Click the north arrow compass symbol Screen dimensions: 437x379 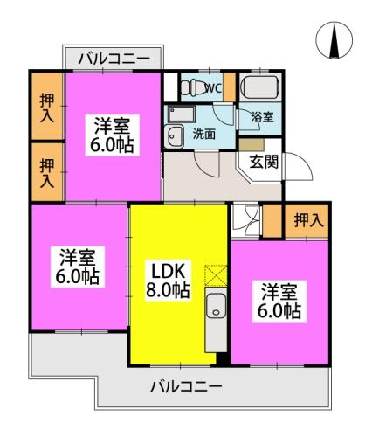pyautogui.click(x=334, y=39)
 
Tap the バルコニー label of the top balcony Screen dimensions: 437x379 pyautogui.click(x=113, y=59)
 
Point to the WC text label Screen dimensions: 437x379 pyautogui.click(x=212, y=87)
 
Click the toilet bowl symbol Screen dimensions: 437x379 pyautogui.click(x=190, y=87)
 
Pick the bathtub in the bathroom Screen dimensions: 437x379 pyautogui.click(x=259, y=88)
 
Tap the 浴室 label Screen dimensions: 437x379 pyautogui.click(x=262, y=115)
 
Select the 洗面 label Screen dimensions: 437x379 pyautogui.click(x=204, y=134)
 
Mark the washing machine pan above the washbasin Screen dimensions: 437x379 pyautogui.click(x=181, y=114)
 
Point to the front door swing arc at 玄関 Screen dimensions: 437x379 pyautogui.click(x=294, y=166)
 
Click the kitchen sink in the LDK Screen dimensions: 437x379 pyautogui.click(x=216, y=306)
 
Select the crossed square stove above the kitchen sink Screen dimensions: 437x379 pyautogui.click(x=215, y=276)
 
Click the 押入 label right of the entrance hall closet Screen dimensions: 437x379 pyautogui.click(x=305, y=220)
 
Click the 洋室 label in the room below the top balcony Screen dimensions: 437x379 pyautogui.click(x=114, y=124)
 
